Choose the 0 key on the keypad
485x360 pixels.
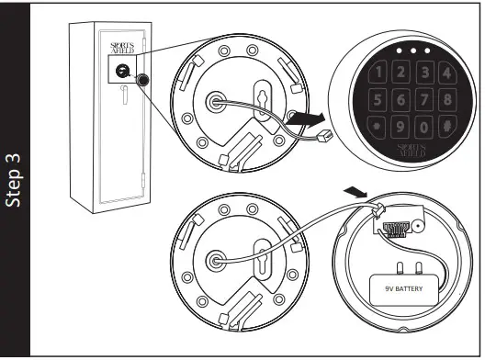click(424, 124)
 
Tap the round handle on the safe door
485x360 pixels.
click(142, 81)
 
